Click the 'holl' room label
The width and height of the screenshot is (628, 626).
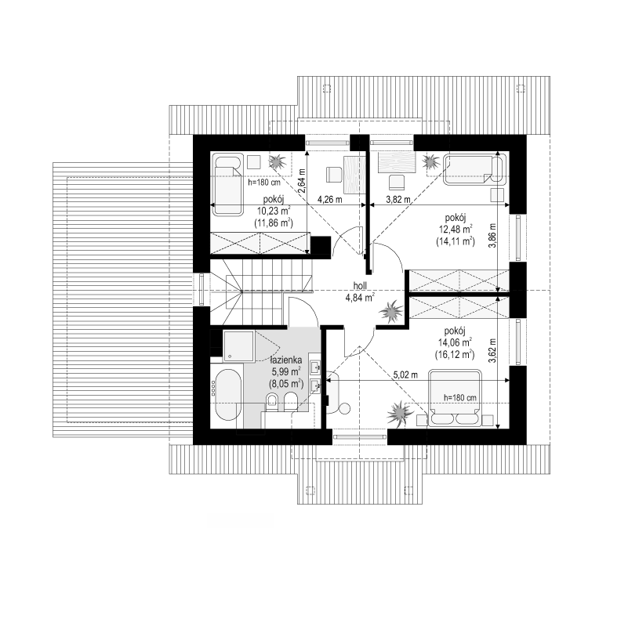360,286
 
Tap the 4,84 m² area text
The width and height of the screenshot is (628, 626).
360,297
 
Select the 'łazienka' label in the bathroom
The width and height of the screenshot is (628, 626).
286,359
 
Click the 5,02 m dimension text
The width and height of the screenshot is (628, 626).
405,375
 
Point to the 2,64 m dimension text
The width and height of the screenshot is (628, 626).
302,181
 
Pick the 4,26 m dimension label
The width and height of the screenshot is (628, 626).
330,199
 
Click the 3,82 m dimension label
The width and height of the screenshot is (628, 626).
398,199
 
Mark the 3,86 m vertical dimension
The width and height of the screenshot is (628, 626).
492,235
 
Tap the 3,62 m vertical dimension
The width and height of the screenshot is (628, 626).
492,351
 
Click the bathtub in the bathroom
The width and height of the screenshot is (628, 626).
227,394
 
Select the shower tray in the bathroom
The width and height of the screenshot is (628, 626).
238,346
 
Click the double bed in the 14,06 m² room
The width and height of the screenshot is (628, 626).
455,398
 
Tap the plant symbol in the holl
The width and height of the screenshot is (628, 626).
390,311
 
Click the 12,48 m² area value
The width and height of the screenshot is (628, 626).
456,230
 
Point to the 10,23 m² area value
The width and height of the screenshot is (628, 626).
274,211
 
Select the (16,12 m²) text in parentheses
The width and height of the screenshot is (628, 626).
454,355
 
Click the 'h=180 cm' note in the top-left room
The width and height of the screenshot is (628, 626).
264,183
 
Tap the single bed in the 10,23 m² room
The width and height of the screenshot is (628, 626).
227,185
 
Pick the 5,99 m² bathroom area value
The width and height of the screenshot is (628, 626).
286,371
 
